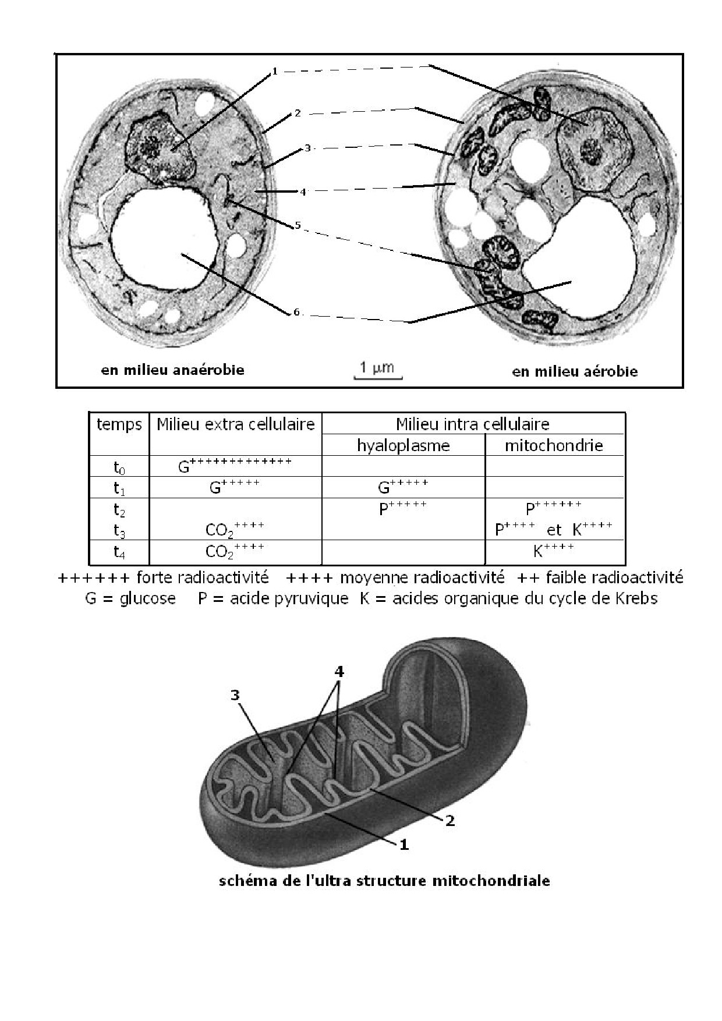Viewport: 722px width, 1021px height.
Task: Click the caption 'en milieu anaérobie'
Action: pos(172,370)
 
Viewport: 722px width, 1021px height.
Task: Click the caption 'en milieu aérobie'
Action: pos(575,371)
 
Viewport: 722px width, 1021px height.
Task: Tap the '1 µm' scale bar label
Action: pos(377,367)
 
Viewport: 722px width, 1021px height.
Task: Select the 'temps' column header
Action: pos(119,424)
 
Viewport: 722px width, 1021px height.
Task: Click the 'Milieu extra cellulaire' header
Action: pos(235,424)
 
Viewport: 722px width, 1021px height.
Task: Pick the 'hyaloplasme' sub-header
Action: pos(403,446)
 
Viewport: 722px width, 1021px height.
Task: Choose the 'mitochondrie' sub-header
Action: pos(554,446)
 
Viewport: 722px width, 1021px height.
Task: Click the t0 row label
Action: pos(119,467)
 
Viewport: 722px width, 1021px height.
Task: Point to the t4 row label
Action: pos(119,552)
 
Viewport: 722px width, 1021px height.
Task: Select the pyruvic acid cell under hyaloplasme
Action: pos(403,508)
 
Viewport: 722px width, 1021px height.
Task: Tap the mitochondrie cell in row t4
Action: pos(554,550)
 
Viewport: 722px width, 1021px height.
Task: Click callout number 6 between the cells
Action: pos(296,313)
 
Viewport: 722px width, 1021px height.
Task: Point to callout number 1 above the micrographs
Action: pos(275,72)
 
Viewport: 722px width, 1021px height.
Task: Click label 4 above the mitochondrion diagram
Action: pos(339,672)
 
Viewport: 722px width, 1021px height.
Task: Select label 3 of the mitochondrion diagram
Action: pos(235,695)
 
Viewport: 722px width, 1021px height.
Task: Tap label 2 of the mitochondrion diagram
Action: pos(450,821)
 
